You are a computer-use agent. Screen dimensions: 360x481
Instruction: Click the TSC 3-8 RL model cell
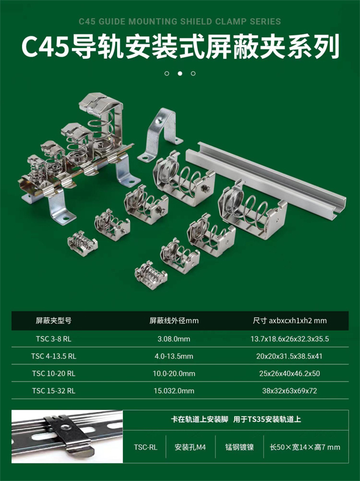pyautogui.click(x=53, y=339)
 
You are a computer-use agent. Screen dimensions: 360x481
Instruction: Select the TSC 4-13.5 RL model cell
pyautogui.click(x=53, y=356)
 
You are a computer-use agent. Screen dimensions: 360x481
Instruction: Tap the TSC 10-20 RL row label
pyautogui.click(x=53, y=374)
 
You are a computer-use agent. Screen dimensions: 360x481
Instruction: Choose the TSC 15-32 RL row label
pyautogui.click(x=53, y=390)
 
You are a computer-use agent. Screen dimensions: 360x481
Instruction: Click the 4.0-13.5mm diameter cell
pyautogui.click(x=174, y=356)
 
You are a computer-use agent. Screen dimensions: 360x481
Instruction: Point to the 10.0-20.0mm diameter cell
pyautogui.click(x=174, y=374)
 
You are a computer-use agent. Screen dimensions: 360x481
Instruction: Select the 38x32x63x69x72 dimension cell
pyautogui.click(x=290, y=390)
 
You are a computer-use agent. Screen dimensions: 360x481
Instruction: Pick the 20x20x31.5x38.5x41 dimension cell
pyautogui.click(x=290, y=356)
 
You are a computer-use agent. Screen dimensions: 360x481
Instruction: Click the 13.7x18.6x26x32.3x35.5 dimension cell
pyautogui.click(x=290, y=339)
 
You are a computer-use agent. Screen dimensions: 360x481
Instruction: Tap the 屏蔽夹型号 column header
pyautogui.click(x=53, y=321)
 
